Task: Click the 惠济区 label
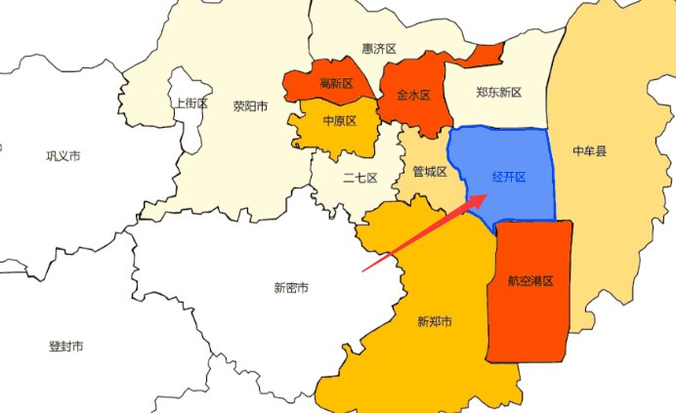[x=378, y=48]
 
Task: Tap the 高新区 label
[x=336, y=83]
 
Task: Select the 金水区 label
[x=413, y=96]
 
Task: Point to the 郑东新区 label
[x=498, y=93]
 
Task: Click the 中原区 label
[x=337, y=121]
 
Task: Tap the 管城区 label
[x=429, y=172]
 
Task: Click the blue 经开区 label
[x=508, y=177]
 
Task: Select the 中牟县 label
[x=589, y=151]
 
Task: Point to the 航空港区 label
[x=530, y=281]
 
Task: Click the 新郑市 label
[x=433, y=321]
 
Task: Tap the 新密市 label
[x=291, y=288]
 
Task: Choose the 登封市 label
[x=65, y=347]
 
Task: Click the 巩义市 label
[x=63, y=155]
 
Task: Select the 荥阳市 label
[x=250, y=106]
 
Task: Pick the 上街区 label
[x=190, y=103]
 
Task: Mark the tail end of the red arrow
[x=362, y=269]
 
